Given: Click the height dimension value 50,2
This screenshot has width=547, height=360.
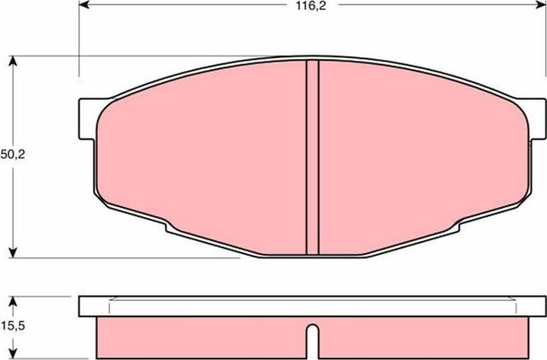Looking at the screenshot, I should (11, 155).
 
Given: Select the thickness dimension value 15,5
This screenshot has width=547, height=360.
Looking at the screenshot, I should (11, 327).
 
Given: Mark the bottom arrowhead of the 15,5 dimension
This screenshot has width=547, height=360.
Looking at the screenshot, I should (12, 353).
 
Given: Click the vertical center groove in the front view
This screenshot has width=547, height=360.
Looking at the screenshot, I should (312, 158).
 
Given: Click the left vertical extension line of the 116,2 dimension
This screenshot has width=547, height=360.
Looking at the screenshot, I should (79, 43).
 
